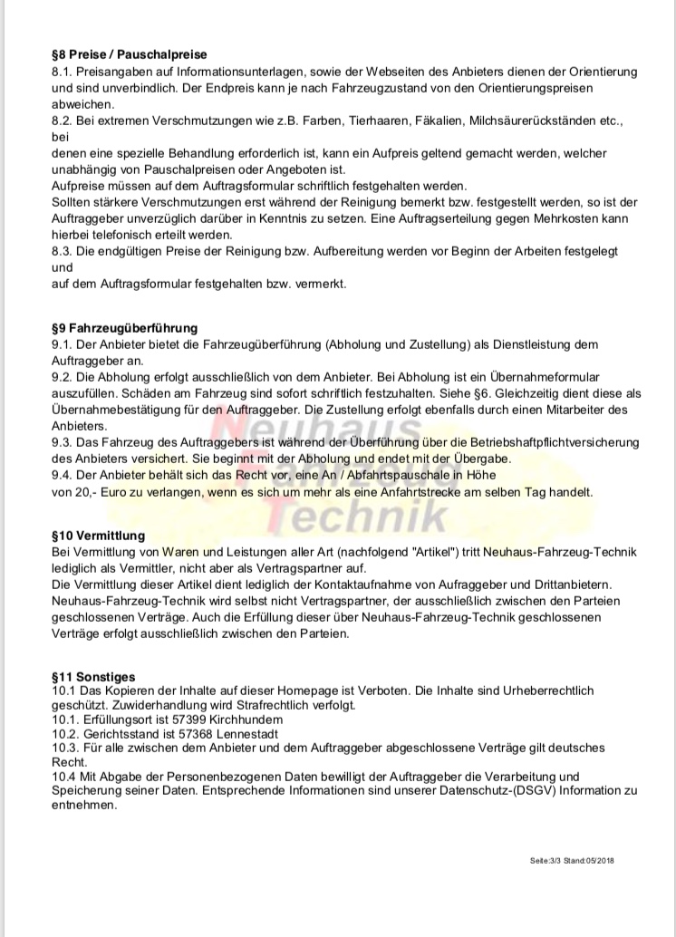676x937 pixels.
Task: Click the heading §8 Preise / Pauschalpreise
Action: [130, 55]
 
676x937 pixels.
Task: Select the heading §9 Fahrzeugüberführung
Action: [125, 328]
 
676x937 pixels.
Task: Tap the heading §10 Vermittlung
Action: [99, 536]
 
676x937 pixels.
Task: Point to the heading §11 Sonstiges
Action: [94, 677]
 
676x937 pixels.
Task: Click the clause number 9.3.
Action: [63, 442]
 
